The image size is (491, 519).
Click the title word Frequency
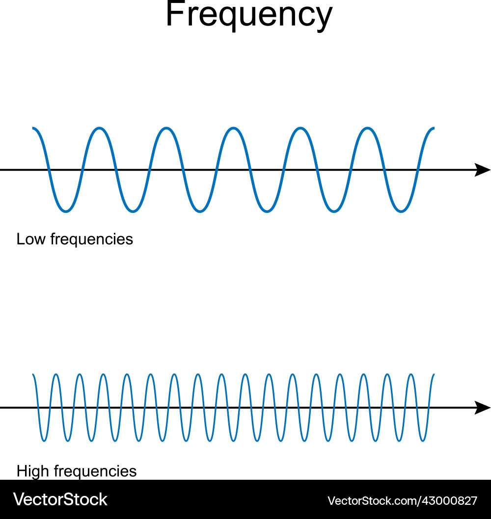249,15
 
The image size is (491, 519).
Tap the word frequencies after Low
92,239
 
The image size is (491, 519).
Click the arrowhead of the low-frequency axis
483,170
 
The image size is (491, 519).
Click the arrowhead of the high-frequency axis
483,407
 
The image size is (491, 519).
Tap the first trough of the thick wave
66,211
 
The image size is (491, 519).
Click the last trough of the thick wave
401,211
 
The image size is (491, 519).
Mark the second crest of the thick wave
166,129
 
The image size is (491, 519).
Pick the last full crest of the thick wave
368,129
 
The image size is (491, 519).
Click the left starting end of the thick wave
33,129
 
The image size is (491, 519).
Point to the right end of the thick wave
434,129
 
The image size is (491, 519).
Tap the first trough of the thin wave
44,440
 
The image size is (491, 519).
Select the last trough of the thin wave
423,440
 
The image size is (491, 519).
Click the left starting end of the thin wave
33,375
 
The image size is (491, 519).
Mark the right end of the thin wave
434,375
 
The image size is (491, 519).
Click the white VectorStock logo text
60,499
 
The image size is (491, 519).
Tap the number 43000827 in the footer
450,501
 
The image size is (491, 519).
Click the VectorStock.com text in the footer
374,501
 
